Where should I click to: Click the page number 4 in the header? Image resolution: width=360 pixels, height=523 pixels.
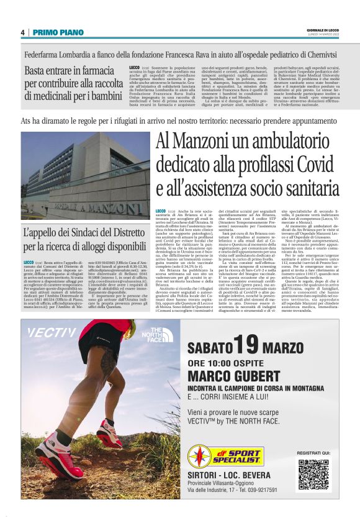click(22, 32)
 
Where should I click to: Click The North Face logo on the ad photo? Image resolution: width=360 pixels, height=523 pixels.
click(160, 335)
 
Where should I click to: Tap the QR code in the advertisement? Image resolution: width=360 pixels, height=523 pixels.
click(313, 474)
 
